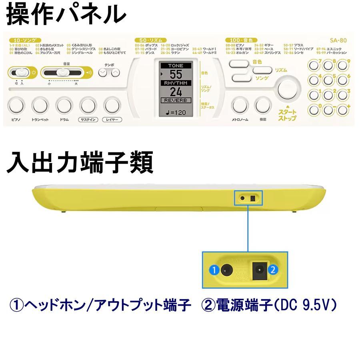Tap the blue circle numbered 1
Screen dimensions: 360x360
click(x=214, y=270)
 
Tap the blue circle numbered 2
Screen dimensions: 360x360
click(x=273, y=270)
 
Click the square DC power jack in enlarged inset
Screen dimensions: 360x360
click(x=258, y=270)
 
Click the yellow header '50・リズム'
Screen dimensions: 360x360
click(x=151, y=40)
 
